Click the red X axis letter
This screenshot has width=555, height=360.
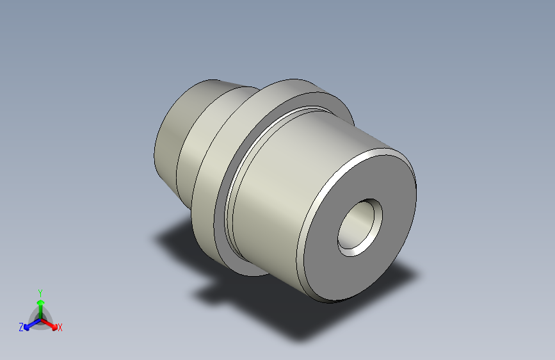(x=60, y=328)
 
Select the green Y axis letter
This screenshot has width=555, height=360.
(x=40, y=291)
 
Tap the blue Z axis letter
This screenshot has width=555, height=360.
(x=21, y=327)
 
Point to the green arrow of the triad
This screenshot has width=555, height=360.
(x=40, y=304)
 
